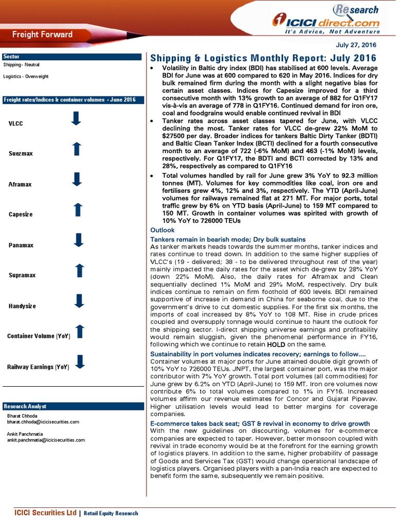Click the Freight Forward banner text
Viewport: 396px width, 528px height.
point(42,35)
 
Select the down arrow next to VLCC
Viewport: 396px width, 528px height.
point(76,119)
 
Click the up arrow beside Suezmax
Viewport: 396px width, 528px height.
point(76,149)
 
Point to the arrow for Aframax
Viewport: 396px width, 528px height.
point(77,179)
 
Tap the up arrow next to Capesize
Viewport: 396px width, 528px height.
point(78,209)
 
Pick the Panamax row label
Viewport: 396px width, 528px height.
point(21,245)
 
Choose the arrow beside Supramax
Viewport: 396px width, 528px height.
point(79,271)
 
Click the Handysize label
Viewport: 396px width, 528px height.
point(22,306)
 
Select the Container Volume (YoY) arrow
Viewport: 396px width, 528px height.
point(79,332)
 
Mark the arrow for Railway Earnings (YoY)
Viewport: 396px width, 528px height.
point(79,362)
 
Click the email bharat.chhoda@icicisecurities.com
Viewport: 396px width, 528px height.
point(43,422)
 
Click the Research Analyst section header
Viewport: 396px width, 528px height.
point(24,406)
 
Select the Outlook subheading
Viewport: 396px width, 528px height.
point(162,230)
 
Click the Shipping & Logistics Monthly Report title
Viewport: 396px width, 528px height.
point(263,58)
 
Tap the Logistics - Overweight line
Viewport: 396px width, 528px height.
point(26,76)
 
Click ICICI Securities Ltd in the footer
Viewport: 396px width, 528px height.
point(45,513)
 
